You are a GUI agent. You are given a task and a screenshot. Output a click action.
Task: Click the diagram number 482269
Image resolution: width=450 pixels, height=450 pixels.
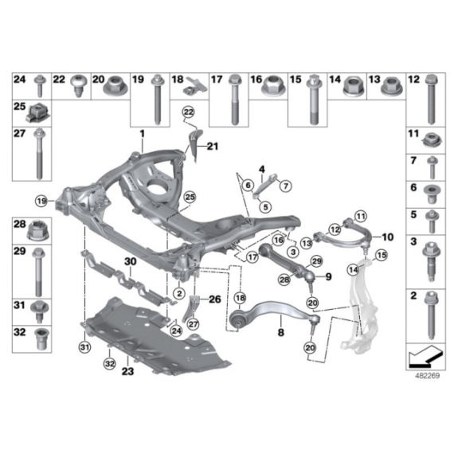tap(428, 376)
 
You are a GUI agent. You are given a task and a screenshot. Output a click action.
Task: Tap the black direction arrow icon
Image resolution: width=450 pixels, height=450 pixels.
tap(424, 357)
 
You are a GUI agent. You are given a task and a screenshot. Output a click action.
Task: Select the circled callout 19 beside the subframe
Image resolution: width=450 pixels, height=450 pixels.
tap(41, 201)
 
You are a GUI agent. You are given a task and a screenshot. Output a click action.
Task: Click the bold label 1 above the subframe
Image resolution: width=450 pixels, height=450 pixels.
tap(142, 134)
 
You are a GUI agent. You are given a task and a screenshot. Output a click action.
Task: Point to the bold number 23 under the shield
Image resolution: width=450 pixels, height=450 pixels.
tap(127, 371)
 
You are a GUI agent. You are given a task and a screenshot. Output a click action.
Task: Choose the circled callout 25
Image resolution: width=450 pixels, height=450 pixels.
tap(190, 197)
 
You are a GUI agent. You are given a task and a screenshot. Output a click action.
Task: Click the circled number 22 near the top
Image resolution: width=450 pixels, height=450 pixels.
tap(189, 112)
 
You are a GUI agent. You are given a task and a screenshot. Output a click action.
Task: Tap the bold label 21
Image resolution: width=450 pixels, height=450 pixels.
tap(213, 147)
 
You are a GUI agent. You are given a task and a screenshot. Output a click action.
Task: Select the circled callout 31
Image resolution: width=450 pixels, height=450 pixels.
tap(84, 347)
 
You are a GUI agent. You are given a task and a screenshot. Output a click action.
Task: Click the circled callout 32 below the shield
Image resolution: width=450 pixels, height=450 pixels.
tap(110, 364)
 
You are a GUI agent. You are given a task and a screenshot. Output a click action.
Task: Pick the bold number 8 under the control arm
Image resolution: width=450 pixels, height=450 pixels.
tap(281, 332)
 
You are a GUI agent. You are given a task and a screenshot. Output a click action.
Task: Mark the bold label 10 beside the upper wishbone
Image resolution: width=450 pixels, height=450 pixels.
tap(387, 237)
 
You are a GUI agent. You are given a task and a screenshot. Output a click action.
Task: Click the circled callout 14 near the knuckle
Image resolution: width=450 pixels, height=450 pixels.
tap(353, 270)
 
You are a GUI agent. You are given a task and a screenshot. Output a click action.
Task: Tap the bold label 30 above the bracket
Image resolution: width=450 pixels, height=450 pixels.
tap(131, 262)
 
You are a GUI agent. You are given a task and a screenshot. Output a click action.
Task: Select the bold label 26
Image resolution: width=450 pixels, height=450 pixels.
tap(215, 299)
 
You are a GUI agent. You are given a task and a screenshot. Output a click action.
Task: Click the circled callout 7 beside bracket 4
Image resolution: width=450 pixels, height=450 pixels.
tap(286, 186)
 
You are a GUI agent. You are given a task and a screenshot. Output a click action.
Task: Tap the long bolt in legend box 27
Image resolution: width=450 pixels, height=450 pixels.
tap(38, 154)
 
